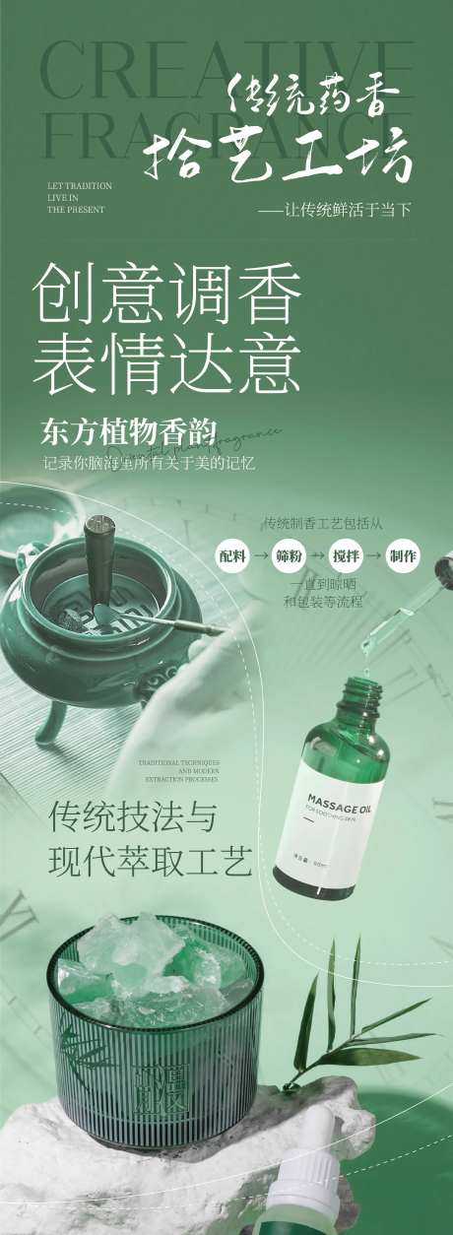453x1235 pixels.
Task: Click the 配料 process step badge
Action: [232, 555]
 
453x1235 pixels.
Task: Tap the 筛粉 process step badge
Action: [290, 555]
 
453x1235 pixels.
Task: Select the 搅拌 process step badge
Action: [347, 555]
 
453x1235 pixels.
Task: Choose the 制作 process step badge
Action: [403, 555]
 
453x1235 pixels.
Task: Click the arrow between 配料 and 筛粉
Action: [261, 555]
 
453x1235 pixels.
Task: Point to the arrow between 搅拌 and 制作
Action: [375, 555]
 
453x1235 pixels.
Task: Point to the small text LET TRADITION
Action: [79, 185]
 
